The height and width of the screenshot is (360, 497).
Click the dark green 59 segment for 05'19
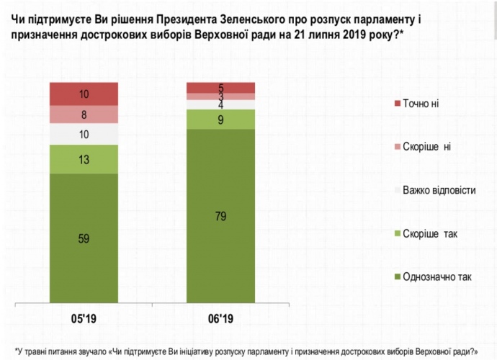84,238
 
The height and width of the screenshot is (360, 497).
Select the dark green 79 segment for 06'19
220,216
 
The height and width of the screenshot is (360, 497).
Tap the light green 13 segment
84,159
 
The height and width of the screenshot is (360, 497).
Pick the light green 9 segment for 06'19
220,120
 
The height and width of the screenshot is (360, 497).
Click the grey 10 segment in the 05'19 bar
84,135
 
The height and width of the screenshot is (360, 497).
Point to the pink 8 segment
84,115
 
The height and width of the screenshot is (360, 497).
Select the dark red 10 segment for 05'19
84,94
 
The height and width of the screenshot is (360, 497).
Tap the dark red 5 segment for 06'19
220,88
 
